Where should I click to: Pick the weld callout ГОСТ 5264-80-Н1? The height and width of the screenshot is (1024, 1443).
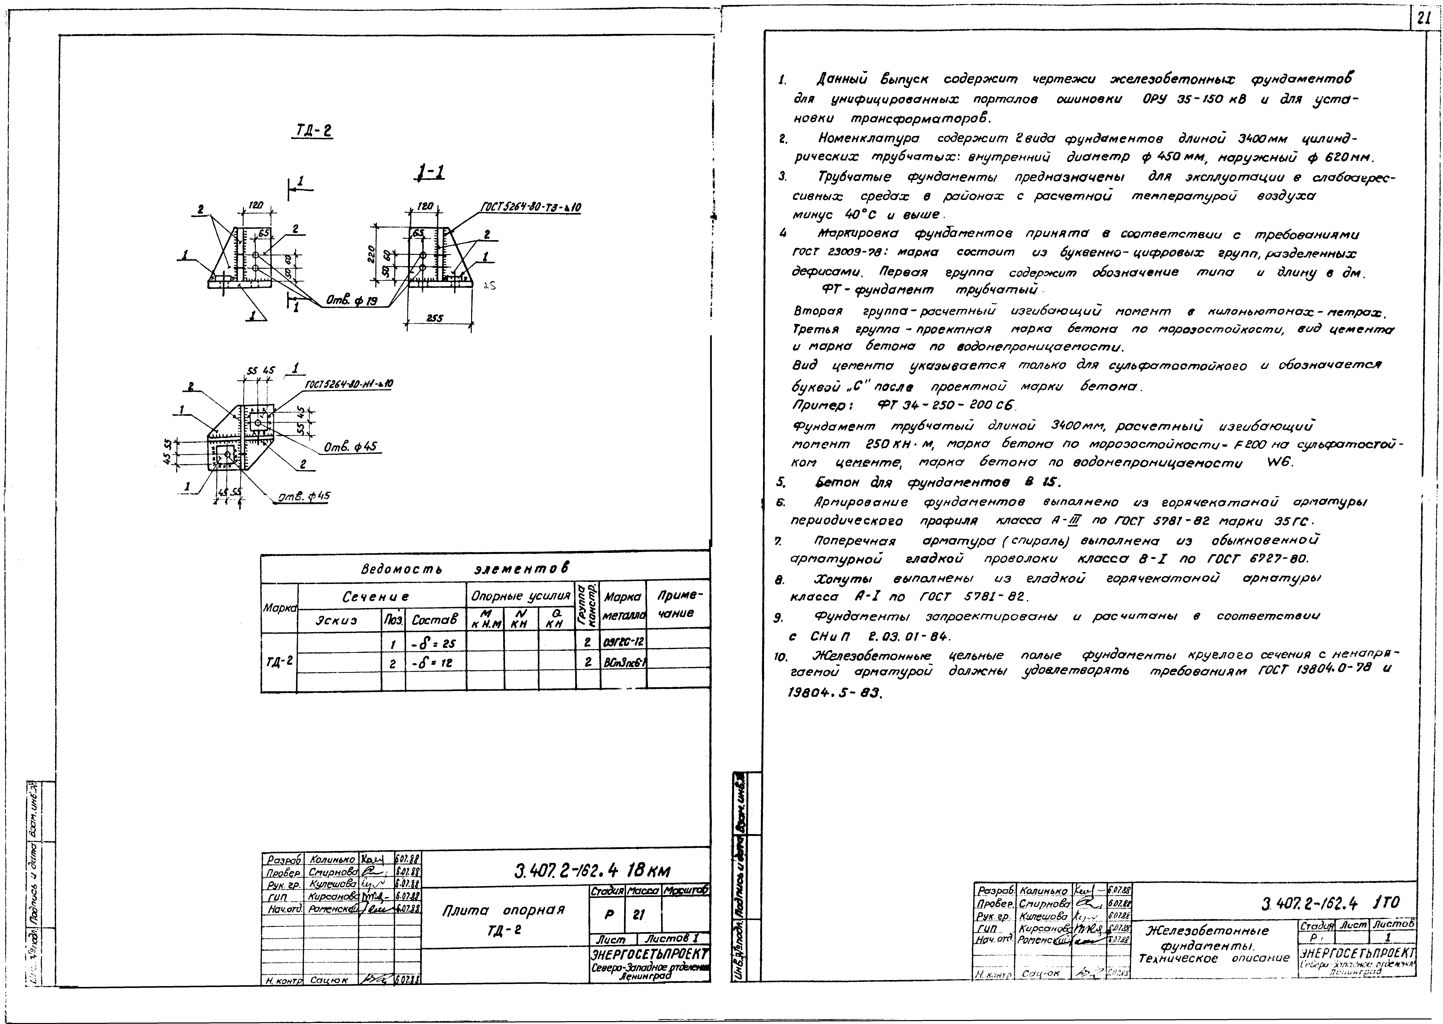point(349,384)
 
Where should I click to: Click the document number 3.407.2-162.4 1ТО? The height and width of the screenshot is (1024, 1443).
point(1330,904)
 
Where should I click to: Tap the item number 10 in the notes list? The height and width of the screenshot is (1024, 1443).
point(782,657)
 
